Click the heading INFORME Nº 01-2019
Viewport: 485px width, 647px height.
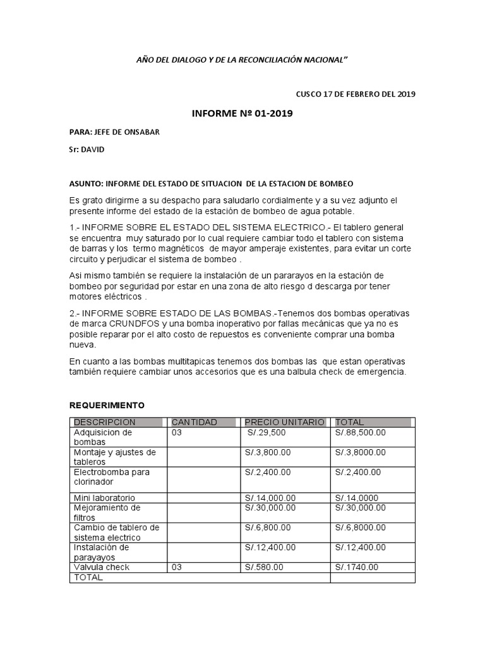242,114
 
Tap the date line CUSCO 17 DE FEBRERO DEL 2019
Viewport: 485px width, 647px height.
356,94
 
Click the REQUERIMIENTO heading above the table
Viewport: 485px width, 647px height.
107,404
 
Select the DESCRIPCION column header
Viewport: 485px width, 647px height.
105,422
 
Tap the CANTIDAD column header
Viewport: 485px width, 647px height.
195,422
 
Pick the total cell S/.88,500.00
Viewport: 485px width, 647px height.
361,433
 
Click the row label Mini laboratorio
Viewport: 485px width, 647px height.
104,498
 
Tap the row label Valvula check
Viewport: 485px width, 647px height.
102,567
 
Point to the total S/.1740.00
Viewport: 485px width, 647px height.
357,567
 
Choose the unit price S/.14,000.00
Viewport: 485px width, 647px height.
270,498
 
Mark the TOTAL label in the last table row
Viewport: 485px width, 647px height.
88,577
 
